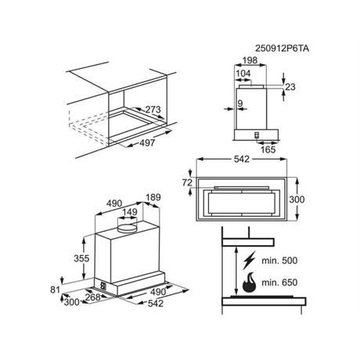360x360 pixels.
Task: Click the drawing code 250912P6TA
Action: (282, 49)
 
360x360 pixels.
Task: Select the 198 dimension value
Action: (250, 60)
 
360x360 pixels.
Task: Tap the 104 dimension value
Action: (243, 74)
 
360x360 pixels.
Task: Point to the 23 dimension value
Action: (290, 87)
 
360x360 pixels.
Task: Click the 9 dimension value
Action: (240, 103)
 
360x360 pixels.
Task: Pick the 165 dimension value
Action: (268, 149)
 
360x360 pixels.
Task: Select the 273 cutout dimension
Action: (153, 110)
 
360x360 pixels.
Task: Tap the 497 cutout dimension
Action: (147, 143)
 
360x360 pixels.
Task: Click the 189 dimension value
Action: (153, 197)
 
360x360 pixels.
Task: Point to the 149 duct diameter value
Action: (130, 212)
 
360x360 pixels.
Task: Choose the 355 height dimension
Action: (81, 258)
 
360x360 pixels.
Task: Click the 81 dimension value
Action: (55, 290)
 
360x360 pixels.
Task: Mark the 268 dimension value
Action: (93, 297)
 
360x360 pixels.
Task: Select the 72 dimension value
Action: (187, 182)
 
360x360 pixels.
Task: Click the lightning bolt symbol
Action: (249, 261)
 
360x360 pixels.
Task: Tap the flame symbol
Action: (250, 283)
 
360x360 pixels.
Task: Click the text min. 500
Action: (279, 261)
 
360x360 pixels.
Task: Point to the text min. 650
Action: (279, 283)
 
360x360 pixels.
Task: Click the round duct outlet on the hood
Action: (128, 228)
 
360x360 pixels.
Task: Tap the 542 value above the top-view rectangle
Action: (242, 159)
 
